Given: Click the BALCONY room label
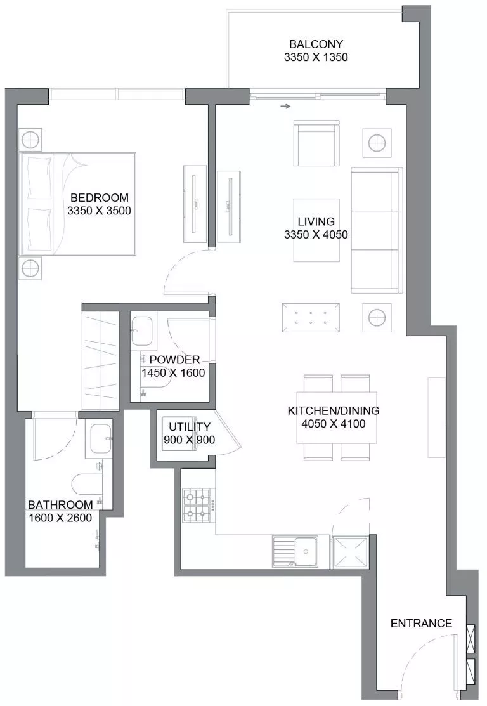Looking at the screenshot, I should point(316,44).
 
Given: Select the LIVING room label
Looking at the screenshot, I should point(316,221).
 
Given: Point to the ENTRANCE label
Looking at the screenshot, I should point(421,624).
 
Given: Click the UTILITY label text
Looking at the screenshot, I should point(189,428).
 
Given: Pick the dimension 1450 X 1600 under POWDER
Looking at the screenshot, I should point(173,373).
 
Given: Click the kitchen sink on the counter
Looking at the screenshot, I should point(301,549).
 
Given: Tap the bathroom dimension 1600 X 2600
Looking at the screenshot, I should point(60,518).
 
